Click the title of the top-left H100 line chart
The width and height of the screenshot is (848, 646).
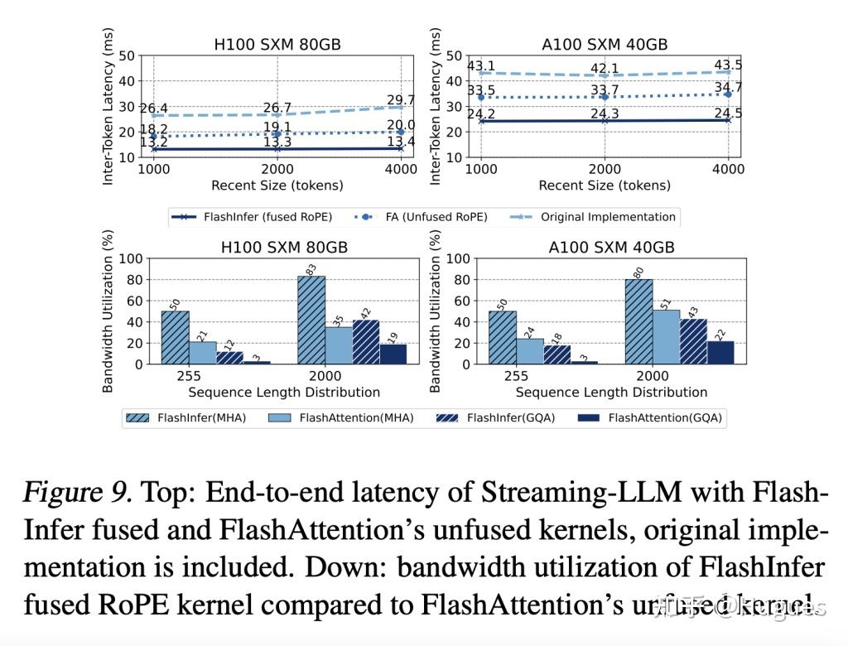tap(277, 44)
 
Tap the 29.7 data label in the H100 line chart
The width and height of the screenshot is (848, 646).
tap(401, 100)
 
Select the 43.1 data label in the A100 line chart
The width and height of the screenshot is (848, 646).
tap(481, 66)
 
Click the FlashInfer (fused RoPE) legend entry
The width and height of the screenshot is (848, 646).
tap(252, 217)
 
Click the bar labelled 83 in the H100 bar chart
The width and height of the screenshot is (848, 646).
tap(311, 320)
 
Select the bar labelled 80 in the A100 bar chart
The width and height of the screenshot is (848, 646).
tap(638, 321)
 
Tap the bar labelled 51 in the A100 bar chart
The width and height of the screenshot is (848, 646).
tap(666, 336)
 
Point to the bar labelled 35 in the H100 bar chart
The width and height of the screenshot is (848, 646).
tap(339, 345)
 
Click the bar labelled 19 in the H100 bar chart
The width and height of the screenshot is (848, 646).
tap(393, 354)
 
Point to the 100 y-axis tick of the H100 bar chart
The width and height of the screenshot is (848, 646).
tap(132, 259)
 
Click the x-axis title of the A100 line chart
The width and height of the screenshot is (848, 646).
tap(604, 186)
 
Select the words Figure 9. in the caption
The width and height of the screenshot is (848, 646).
tap(77, 494)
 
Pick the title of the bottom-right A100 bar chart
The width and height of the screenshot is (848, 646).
tap(611, 248)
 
